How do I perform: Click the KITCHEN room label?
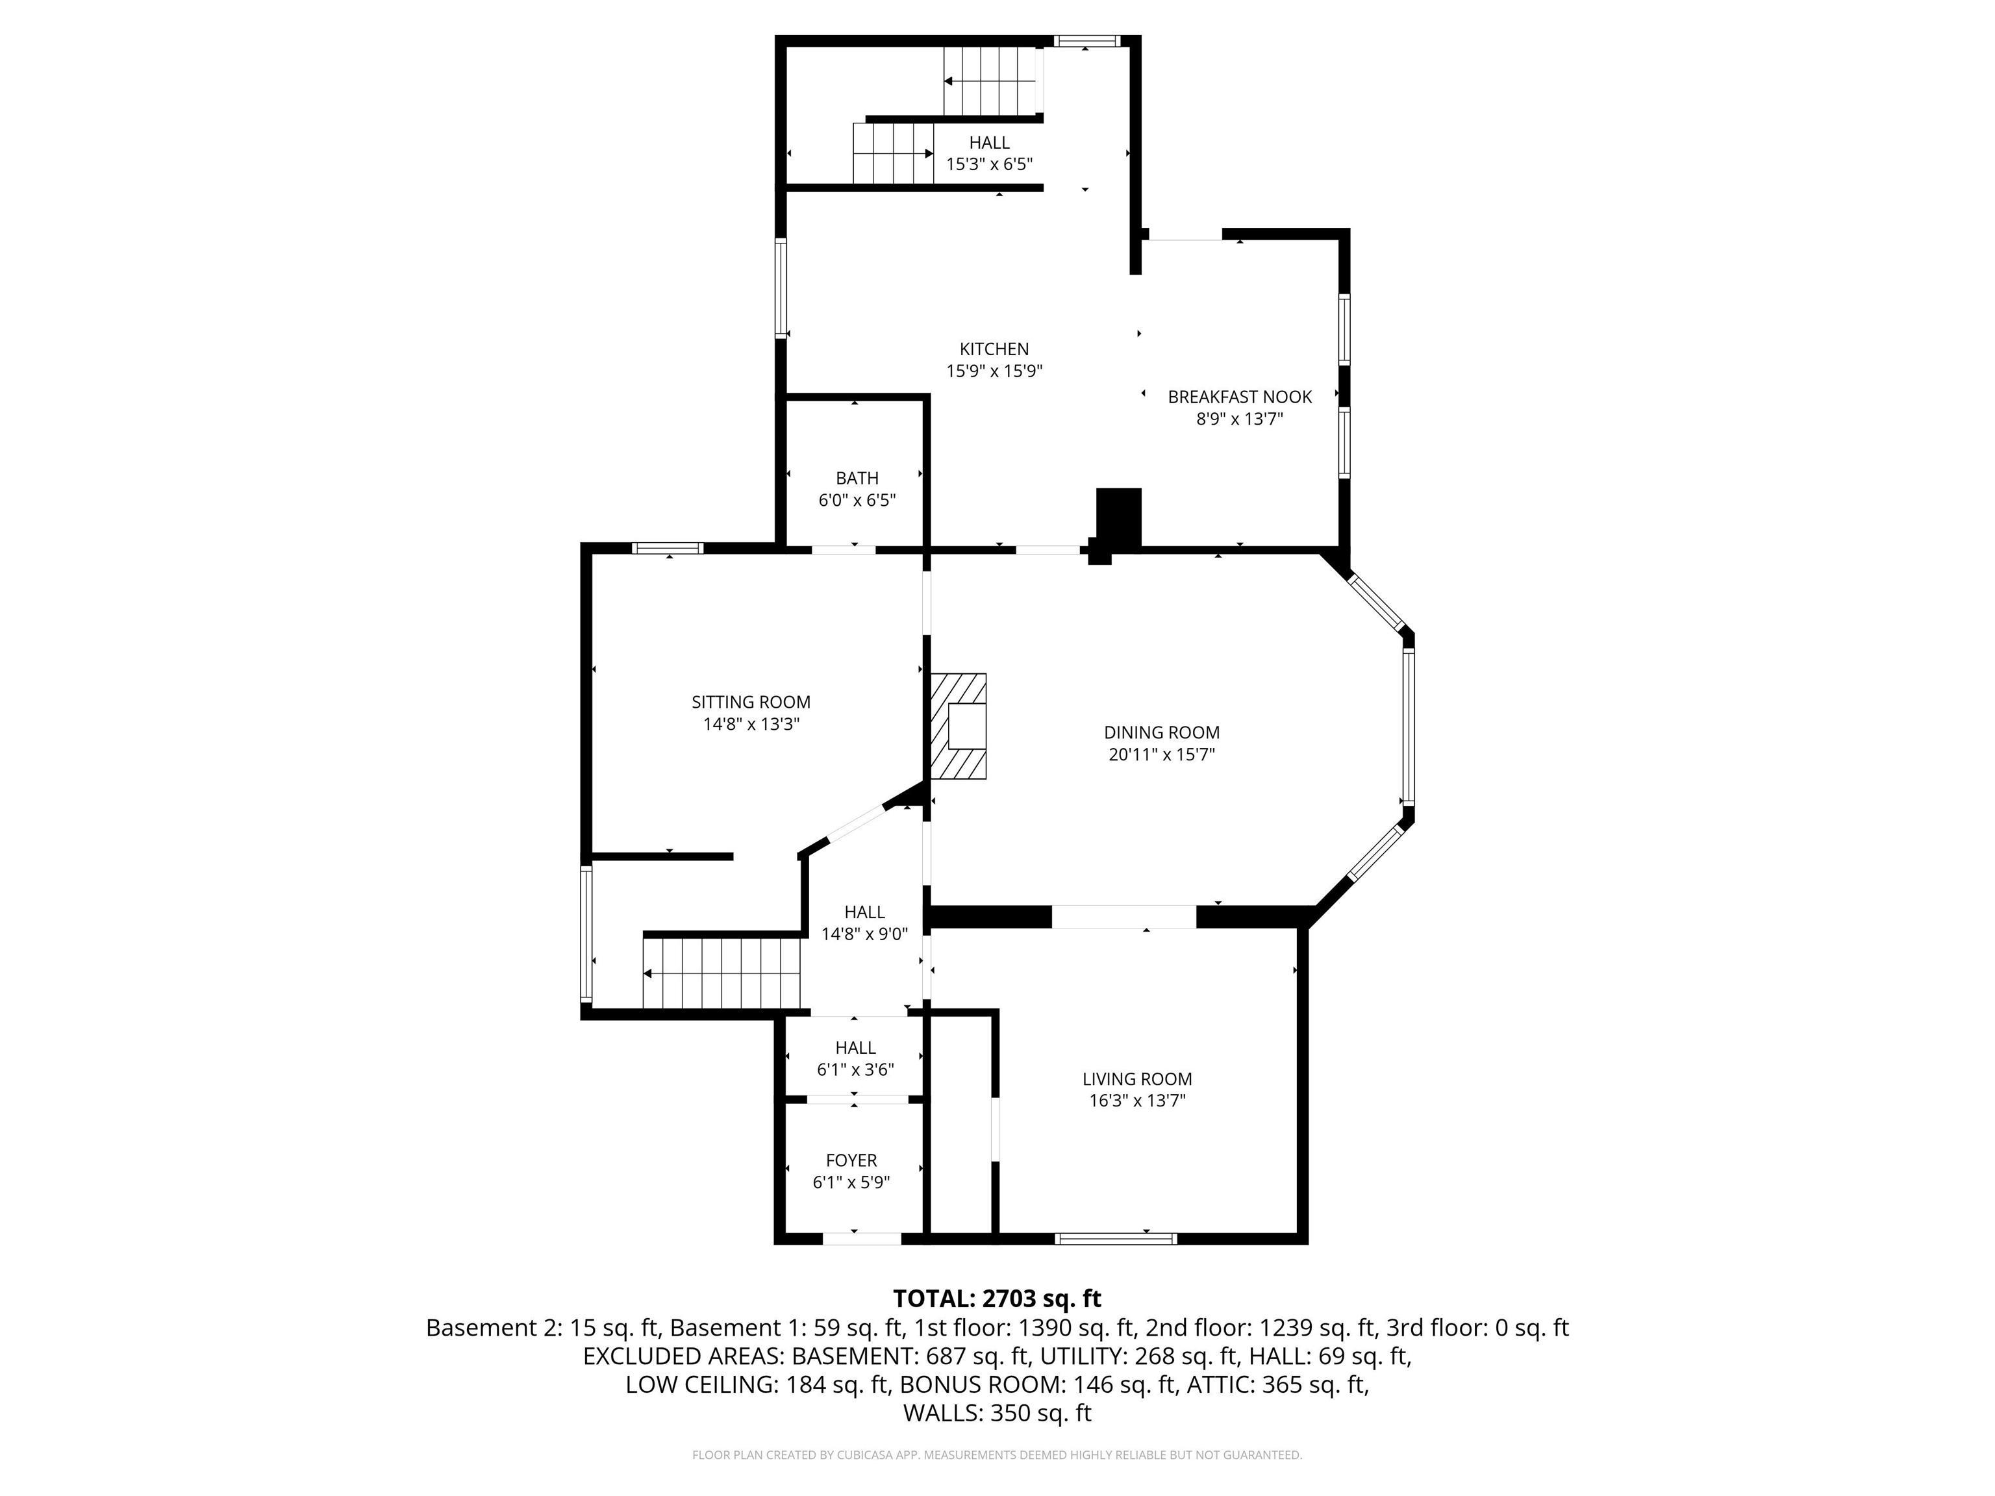pos(994,349)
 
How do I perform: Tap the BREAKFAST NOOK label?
pos(1239,397)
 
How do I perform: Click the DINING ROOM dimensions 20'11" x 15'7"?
pos(1162,754)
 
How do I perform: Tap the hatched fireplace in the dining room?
pos(959,726)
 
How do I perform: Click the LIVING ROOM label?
pos(1136,1078)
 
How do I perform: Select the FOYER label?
pos(851,1160)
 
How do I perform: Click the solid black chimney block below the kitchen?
pos(1118,517)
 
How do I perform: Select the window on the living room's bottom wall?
pos(1116,1239)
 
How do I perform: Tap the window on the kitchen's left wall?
pos(781,288)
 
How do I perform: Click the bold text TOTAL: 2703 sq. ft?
pos(997,1299)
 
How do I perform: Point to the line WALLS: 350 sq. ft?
pos(997,1413)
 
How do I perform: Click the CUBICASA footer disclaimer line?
pos(997,1454)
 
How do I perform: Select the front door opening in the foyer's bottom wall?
pos(861,1239)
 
